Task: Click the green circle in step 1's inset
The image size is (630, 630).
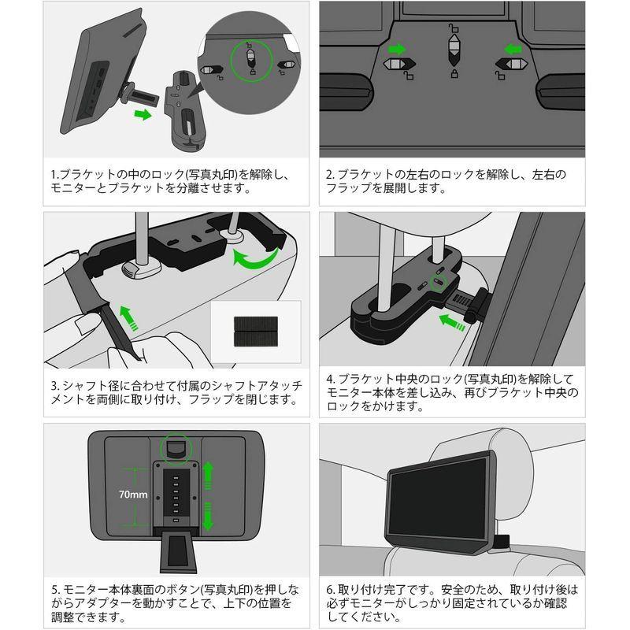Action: coord(250,60)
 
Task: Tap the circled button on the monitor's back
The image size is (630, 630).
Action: coord(175,448)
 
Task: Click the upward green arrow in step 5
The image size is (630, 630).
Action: coord(209,476)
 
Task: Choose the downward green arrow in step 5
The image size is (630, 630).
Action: coord(209,517)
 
